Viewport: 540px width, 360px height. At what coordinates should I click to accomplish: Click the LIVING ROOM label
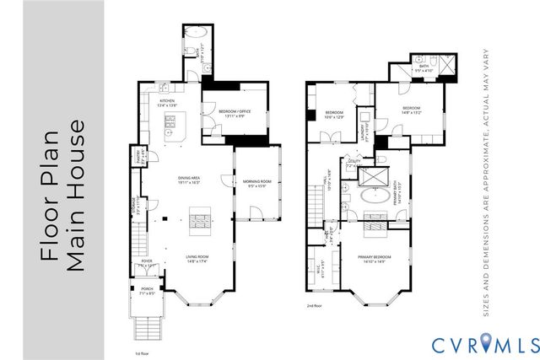click(x=197, y=259)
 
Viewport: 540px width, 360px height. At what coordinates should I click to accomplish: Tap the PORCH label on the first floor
click(x=147, y=291)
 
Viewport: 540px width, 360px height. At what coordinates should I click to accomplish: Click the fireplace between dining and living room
click(x=197, y=223)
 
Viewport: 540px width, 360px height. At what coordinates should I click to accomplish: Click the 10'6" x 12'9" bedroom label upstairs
click(x=334, y=115)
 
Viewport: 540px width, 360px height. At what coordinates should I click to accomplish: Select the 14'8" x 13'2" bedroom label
click(x=411, y=110)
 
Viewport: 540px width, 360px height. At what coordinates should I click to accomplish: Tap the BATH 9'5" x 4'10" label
click(x=424, y=68)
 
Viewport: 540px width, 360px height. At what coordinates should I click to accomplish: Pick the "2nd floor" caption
click(x=316, y=307)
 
